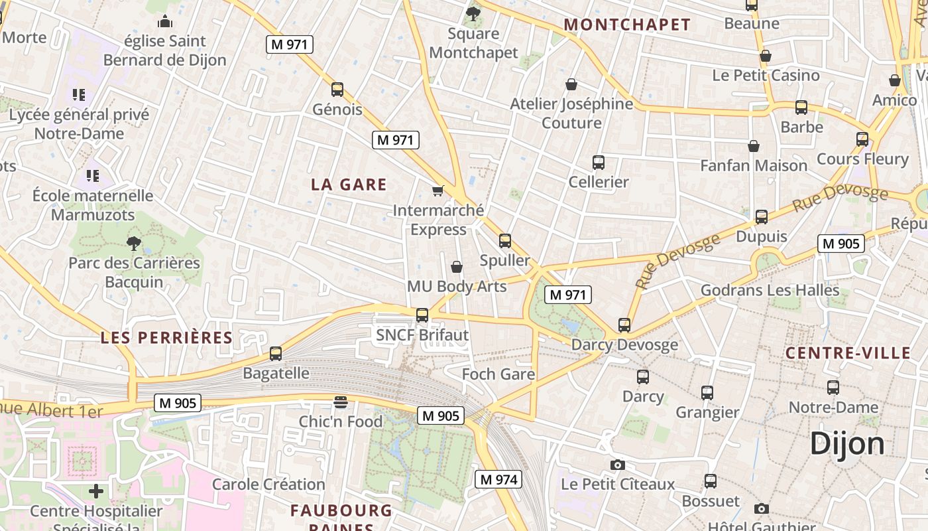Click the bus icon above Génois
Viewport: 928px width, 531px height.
pyautogui.click(x=337, y=90)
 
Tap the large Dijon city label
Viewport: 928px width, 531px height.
pyautogui.click(x=847, y=443)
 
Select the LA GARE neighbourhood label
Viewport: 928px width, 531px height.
pyautogui.click(x=349, y=185)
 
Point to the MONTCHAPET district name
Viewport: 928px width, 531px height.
pyautogui.click(x=627, y=25)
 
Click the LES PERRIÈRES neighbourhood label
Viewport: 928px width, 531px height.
pyautogui.click(x=166, y=337)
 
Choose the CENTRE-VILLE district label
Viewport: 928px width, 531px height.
pyautogui.click(x=848, y=353)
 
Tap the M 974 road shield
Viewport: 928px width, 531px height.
pyautogui.click(x=498, y=479)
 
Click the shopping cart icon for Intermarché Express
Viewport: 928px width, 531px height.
pyautogui.click(x=437, y=191)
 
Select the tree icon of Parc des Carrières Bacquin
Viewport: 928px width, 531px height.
pyautogui.click(x=134, y=243)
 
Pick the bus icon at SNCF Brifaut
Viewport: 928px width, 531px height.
pyautogui.click(x=422, y=315)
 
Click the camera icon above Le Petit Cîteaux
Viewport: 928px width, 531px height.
pyautogui.click(x=618, y=465)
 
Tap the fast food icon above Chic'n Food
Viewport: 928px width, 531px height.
pyautogui.click(x=341, y=402)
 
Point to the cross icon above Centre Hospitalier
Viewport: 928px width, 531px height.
pyautogui.click(x=96, y=491)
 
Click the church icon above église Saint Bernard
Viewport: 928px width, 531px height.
pyautogui.click(x=165, y=22)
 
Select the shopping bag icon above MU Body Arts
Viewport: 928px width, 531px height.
pyautogui.click(x=457, y=267)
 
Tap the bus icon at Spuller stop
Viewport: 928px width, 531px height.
pyautogui.click(x=505, y=241)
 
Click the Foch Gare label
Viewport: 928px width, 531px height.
pyautogui.click(x=498, y=374)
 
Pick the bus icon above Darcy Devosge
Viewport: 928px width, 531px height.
pyautogui.click(x=624, y=325)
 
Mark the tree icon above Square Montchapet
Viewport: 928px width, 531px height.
pyautogui.click(x=473, y=13)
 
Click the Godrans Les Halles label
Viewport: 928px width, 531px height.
pyautogui.click(x=770, y=290)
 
